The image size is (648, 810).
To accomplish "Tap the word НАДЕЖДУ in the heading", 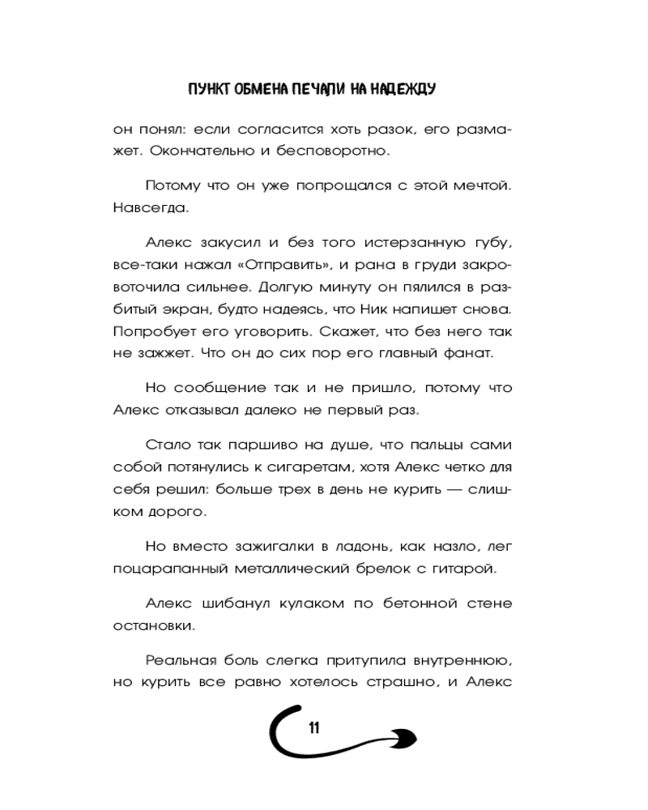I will (403, 89).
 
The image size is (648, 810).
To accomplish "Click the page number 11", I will (313, 727).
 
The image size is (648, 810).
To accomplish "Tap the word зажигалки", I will (262, 546).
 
